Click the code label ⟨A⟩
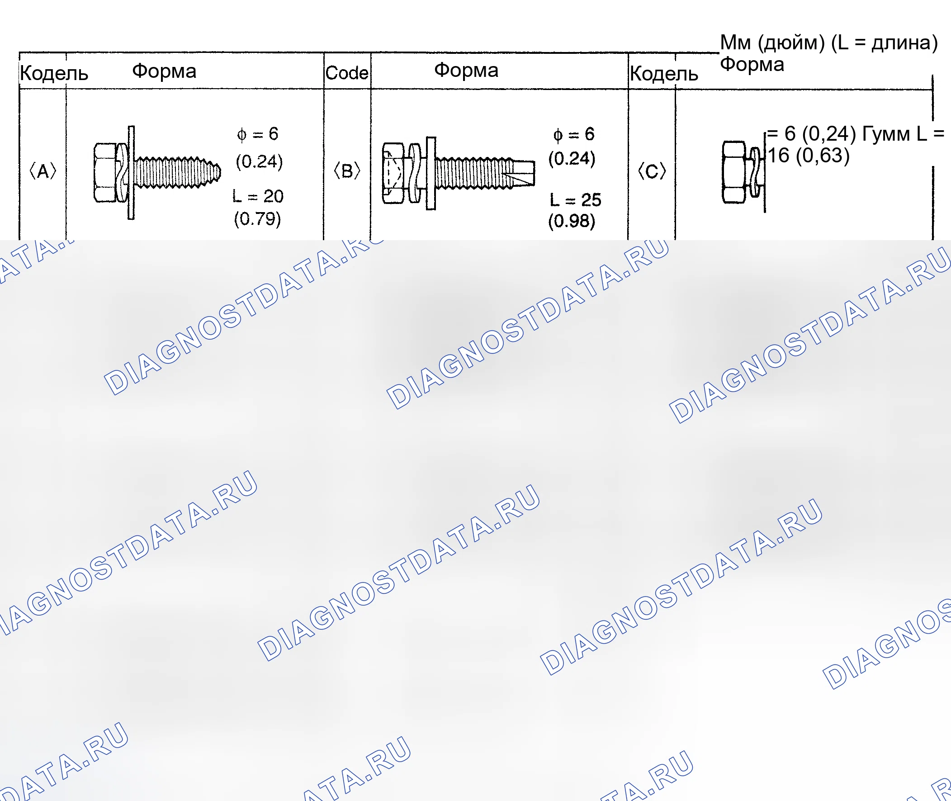(x=43, y=171)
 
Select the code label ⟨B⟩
(x=347, y=171)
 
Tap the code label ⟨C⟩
(x=652, y=171)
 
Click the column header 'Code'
(x=347, y=73)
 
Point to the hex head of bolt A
(x=105, y=173)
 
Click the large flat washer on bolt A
(x=131, y=173)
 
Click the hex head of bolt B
(x=393, y=174)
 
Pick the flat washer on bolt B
(x=431, y=174)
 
